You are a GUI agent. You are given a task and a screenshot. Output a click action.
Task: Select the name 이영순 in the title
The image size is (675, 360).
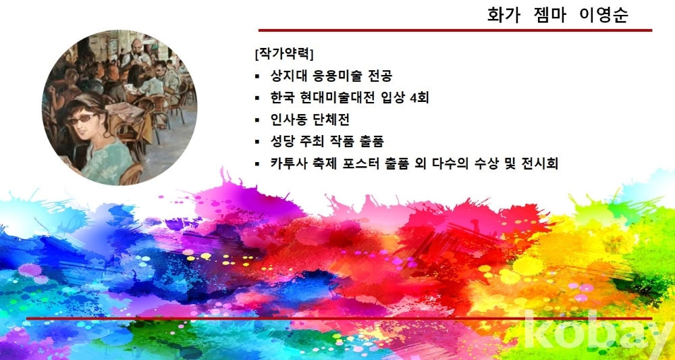604,14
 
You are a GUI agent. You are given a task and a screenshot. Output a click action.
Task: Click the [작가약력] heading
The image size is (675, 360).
284,54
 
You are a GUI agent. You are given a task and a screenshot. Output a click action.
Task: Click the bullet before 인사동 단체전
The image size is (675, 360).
257,120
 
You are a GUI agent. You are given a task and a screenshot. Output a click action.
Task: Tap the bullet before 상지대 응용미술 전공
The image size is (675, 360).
257,76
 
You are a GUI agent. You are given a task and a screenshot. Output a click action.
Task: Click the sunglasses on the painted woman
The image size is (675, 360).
82,118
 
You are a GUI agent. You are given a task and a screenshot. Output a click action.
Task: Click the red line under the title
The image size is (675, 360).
455,30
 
